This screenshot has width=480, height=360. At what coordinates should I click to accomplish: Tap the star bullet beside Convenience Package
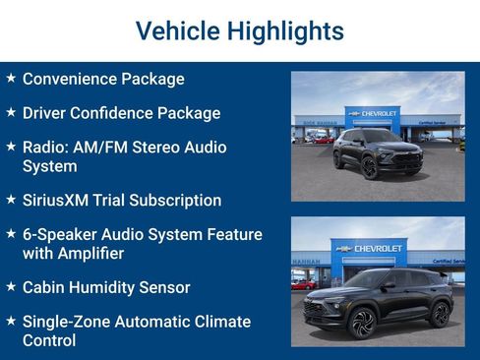[x=10, y=77]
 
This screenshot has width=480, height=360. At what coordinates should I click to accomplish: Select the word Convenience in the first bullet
[x=69, y=79]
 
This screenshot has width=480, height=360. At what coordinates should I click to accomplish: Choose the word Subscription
[x=175, y=200]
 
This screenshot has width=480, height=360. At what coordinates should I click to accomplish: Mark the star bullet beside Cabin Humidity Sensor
[x=10, y=286]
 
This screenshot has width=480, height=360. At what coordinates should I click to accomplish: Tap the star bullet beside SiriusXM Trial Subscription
[x=10, y=199]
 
